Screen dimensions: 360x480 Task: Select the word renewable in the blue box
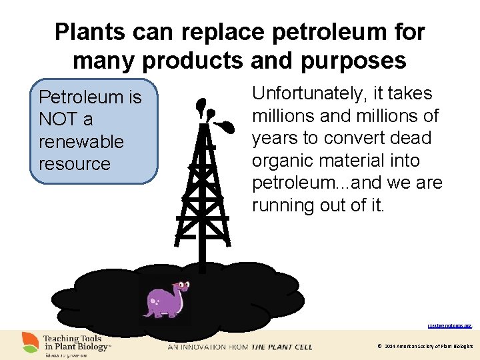(81, 141)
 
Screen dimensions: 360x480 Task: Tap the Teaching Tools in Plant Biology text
(76, 342)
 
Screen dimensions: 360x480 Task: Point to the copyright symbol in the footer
(379, 347)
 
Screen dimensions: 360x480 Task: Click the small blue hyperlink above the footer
(449, 326)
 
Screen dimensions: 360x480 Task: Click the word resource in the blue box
(75, 163)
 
